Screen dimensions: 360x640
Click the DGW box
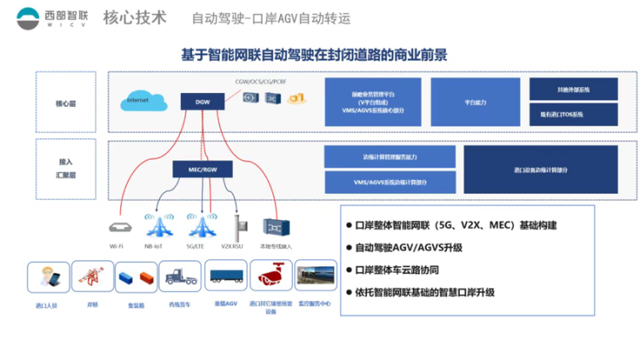202,102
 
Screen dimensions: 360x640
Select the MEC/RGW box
202,169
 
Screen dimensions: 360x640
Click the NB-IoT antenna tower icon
160,225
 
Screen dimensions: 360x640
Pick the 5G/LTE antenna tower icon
202,225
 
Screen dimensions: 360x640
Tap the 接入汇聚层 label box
66,169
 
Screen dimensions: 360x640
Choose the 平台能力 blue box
475,102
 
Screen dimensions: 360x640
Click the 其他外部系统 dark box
573,90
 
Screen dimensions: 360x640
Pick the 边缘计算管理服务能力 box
390,158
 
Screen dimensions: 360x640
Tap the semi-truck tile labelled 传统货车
179,276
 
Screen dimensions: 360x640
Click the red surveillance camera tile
269,276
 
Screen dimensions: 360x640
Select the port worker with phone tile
49,276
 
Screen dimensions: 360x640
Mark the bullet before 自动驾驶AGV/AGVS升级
348,248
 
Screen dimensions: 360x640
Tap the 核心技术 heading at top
135,18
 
